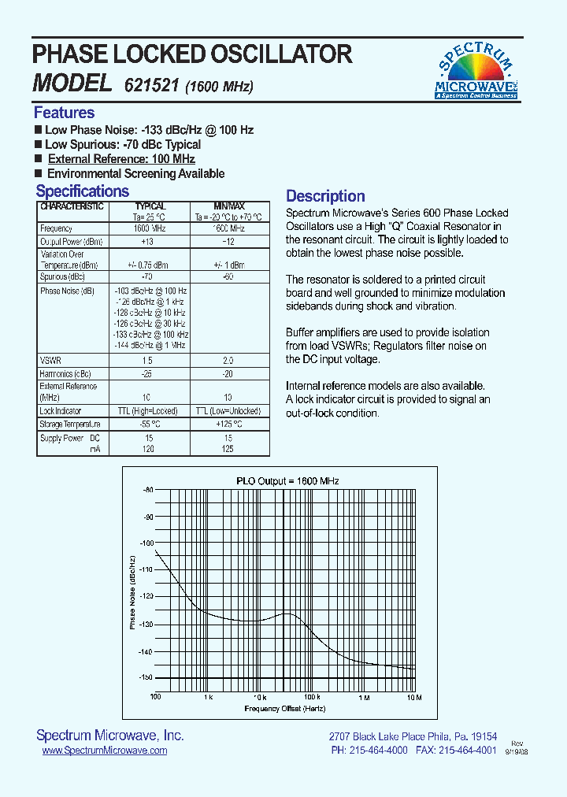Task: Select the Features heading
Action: tap(64, 113)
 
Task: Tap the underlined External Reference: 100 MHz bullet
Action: tap(121, 159)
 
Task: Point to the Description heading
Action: tap(325, 196)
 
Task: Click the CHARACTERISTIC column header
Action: tap(72, 206)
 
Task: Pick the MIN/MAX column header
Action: tap(229, 206)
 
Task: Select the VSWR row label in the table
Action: tap(50, 360)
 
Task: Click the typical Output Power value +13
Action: tap(146, 242)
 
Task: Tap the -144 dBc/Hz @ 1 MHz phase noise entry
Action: tap(150, 345)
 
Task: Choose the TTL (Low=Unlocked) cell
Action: tap(229, 411)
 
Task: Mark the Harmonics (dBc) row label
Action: tap(65, 373)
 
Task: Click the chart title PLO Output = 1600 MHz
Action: tap(287, 480)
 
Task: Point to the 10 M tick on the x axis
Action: tap(414, 698)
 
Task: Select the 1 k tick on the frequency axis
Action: tap(208, 698)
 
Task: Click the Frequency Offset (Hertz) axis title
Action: tap(284, 709)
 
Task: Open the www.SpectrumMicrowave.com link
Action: tap(104, 751)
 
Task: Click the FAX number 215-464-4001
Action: tap(468, 751)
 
